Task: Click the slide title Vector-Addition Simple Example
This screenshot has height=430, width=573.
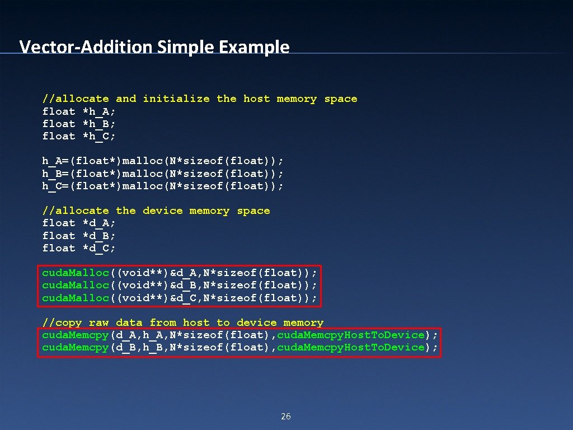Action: point(154,46)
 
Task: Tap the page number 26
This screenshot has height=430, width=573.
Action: point(286,416)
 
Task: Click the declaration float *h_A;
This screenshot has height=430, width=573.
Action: point(79,111)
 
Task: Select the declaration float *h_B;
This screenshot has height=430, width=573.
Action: point(79,124)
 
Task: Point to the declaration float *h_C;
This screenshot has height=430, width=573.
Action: point(79,136)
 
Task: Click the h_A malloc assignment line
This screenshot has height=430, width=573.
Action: point(163,161)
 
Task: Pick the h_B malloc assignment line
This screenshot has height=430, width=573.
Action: point(163,174)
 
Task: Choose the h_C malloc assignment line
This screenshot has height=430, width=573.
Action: point(163,186)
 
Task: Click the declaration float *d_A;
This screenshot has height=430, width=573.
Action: point(79,223)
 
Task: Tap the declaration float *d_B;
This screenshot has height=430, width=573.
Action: point(79,236)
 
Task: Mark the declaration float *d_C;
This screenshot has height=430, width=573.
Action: point(79,248)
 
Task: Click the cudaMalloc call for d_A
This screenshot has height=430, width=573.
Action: point(180,273)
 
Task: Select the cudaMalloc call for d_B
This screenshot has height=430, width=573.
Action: point(180,285)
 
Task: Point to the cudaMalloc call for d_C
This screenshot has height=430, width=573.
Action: point(180,297)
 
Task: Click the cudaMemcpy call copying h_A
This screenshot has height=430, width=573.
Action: point(239,335)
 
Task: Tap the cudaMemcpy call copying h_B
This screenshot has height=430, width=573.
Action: point(239,347)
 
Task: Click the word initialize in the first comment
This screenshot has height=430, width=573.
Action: point(176,99)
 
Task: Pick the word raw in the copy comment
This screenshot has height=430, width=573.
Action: point(99,322)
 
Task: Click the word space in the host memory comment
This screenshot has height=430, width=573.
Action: point(341,99)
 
